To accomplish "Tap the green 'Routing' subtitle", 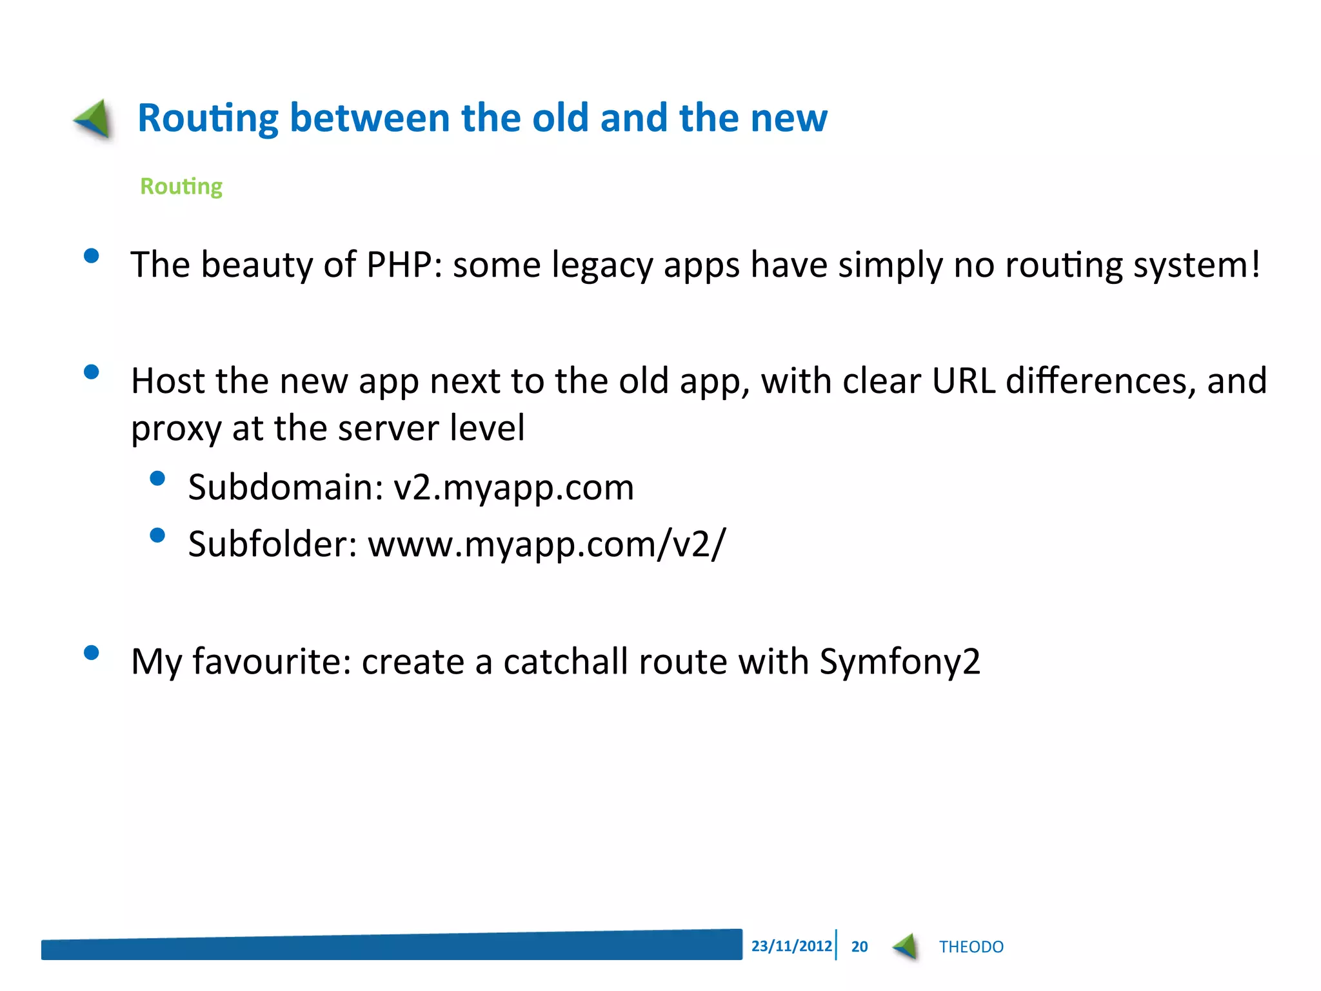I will tap(181, 186).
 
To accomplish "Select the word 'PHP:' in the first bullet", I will tap(404, 265).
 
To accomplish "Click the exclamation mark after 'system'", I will tap(1255, 263).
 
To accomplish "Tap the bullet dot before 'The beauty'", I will tap(92, 256).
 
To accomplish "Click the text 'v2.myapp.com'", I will tap(513, 487).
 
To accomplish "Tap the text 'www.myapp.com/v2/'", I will tap(546, 544).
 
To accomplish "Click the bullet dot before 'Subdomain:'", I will tap(157, 479).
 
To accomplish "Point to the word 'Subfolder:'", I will tap(272, 544).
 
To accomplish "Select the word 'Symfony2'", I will tap(900, 662).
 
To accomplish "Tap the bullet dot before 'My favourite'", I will tap(92, 653).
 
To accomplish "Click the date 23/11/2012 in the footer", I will tap(791, 946).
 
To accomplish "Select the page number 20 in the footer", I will tap(859, 946).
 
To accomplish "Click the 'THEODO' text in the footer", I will tap(971, 946).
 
